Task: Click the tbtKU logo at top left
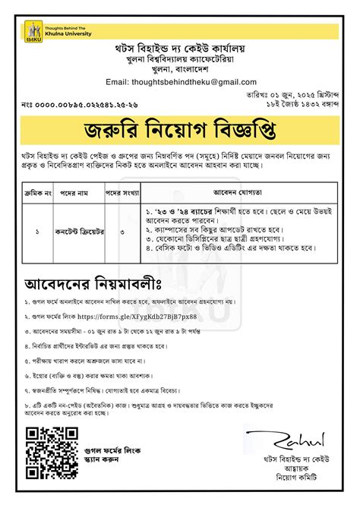point(34,31)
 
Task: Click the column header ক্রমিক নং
point(37,191)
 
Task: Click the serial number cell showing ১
point(37,227)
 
